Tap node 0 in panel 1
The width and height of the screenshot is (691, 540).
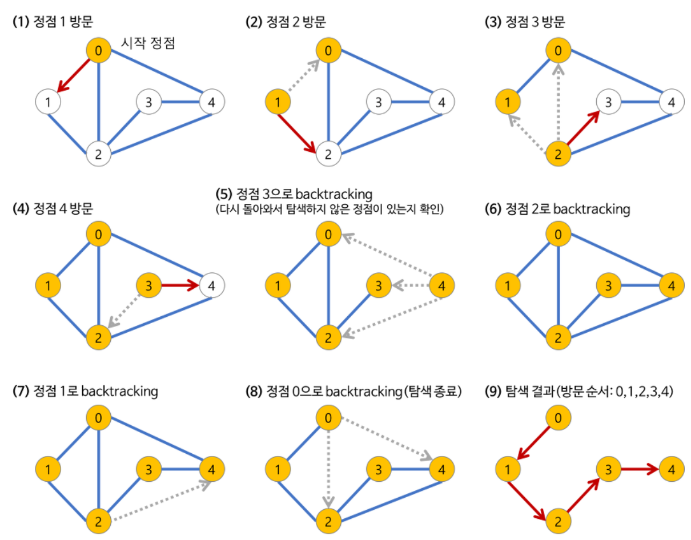click(98, 51)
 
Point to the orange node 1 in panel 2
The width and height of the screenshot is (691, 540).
click(278, 103)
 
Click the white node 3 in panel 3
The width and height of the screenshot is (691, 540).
click(609, 103)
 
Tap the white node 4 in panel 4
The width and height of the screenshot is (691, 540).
click(212, 284)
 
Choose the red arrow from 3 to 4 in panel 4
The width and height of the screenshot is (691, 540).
click(179, 284)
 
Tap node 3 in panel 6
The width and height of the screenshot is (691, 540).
click(609, 284)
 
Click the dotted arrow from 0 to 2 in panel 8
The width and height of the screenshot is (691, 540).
click(328, 462)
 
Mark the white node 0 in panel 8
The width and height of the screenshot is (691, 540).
click(328, 418)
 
